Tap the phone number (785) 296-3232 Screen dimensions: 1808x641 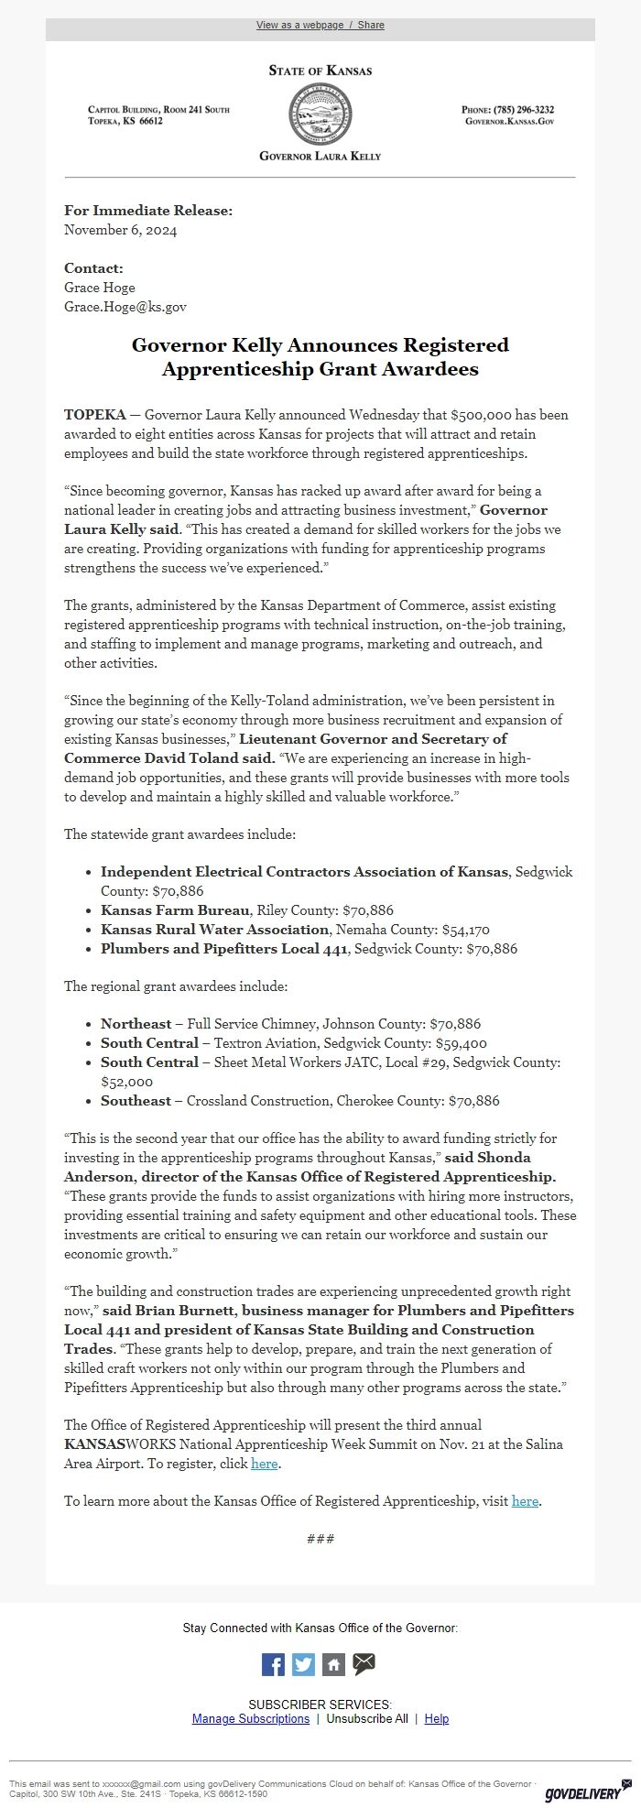coord(523,110)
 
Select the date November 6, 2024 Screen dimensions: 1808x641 coord(120,230)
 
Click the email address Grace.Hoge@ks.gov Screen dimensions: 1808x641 coord(125,307)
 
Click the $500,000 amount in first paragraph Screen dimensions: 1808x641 coord(484,415)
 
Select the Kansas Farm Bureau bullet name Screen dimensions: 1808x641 coord(175,909)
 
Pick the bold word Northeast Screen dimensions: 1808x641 coord(136,1023)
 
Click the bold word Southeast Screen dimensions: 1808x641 coord(136,1100)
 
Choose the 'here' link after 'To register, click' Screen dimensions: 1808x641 coord(264,1464)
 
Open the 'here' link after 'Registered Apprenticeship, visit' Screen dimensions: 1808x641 coord(525,1500)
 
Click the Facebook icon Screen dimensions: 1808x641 coord(273,1664)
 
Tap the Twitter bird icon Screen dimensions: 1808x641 coord(303,1664)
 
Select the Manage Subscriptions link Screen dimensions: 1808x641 coord(251,1718)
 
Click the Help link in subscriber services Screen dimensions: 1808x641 coord(437,1718)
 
